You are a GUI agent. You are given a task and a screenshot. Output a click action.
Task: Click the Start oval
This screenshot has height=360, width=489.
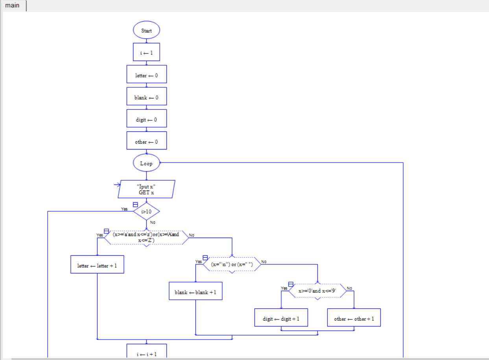click(x=146, y=30)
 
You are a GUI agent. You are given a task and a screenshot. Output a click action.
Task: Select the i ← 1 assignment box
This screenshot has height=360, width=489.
click(x=146, y=52)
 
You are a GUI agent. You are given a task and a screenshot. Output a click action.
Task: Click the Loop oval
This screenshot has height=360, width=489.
click(x=146, y=163)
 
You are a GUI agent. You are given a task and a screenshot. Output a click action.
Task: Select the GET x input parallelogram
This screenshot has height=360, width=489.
click(x=146, y=189)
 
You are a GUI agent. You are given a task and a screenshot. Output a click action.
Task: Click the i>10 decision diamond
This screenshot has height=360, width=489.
click(x=146, y=212)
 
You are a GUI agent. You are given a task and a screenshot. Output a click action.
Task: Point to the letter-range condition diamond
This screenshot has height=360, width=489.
click(x=146, y=238)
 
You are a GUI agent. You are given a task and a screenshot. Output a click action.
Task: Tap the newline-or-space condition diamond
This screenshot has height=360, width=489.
click(x=232, y=264)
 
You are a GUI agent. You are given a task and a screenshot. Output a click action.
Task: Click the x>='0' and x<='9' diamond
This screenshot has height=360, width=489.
click(x=317, y=291)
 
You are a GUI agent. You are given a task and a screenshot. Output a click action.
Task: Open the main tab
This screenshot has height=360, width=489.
click(x=13, y=6)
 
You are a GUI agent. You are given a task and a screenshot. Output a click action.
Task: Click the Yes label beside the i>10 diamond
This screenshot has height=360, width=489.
click(x=124, y=209)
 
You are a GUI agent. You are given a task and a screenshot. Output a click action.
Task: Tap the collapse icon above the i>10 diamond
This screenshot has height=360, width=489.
click(x=135, y=205)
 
